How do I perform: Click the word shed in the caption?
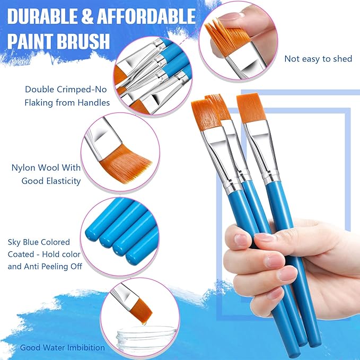coord(342,59)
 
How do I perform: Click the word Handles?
coord(93,102)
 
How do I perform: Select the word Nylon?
coord(23,168)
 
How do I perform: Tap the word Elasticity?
coord(62,181)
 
